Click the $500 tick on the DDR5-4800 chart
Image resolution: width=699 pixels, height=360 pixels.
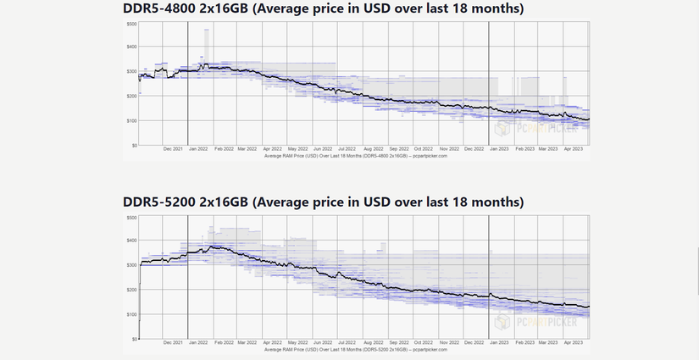pos(131,24)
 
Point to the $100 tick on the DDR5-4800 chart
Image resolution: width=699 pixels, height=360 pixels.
pos(131,120)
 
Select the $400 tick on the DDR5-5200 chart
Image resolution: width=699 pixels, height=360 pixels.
pos(131,241)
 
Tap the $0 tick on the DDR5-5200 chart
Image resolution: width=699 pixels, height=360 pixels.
pos(133,339)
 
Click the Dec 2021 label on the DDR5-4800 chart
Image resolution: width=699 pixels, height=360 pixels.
pos(172,149)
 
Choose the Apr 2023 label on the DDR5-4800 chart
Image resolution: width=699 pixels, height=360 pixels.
pos(573,149)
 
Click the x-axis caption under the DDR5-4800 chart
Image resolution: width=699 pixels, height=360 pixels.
pos(356,156)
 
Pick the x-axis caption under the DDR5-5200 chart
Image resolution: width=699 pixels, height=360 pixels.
pos(356,349)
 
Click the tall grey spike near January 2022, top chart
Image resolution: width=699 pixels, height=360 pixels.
pos(206,42)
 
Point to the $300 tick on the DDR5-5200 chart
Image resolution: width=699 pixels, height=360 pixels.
pos(131,266)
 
